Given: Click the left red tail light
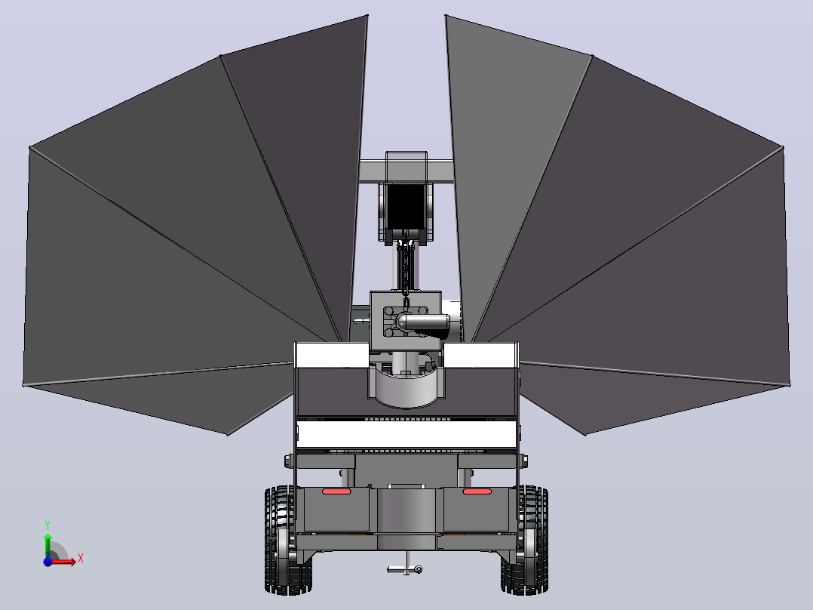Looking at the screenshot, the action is tap(336, 491).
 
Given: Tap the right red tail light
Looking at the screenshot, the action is tap(477, 491).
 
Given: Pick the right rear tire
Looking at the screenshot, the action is tap(525, 540).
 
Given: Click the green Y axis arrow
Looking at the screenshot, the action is tap(48, 544).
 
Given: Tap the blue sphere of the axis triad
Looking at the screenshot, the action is tap(48, 561).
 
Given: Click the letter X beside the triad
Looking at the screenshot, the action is tap(81, 559).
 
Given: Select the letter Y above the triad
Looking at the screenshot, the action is tap(48, 525).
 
